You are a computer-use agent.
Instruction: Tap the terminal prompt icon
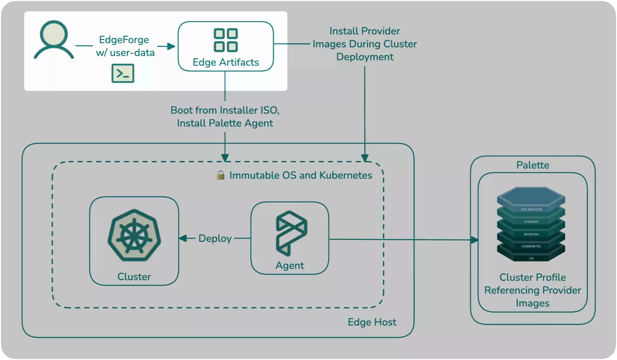pos(123,73)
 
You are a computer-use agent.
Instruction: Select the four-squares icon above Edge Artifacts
pos(226,40)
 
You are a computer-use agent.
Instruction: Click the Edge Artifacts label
pos(226,62)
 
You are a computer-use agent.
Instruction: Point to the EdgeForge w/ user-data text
pos(125,46)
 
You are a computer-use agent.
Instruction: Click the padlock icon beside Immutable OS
pos(220,175)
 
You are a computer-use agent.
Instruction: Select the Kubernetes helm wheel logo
pos(134,235)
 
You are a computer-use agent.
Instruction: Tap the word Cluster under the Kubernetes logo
pos(134,277)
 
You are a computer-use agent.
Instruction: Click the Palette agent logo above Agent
pos(291,233)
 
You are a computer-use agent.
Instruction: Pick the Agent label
pos(289,265)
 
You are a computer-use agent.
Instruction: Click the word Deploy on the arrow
pos(215,239)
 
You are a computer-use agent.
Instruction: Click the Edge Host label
pos(372,322)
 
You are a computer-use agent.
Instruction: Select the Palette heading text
pos(532,165)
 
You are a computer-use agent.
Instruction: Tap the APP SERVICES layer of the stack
pos(531,210)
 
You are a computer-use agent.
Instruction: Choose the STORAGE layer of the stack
pos(531,222)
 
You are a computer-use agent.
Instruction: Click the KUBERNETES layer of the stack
pos(531,246)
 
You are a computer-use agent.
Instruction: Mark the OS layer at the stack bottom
pos(531,258)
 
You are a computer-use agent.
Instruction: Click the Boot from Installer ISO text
pos(225,110)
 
